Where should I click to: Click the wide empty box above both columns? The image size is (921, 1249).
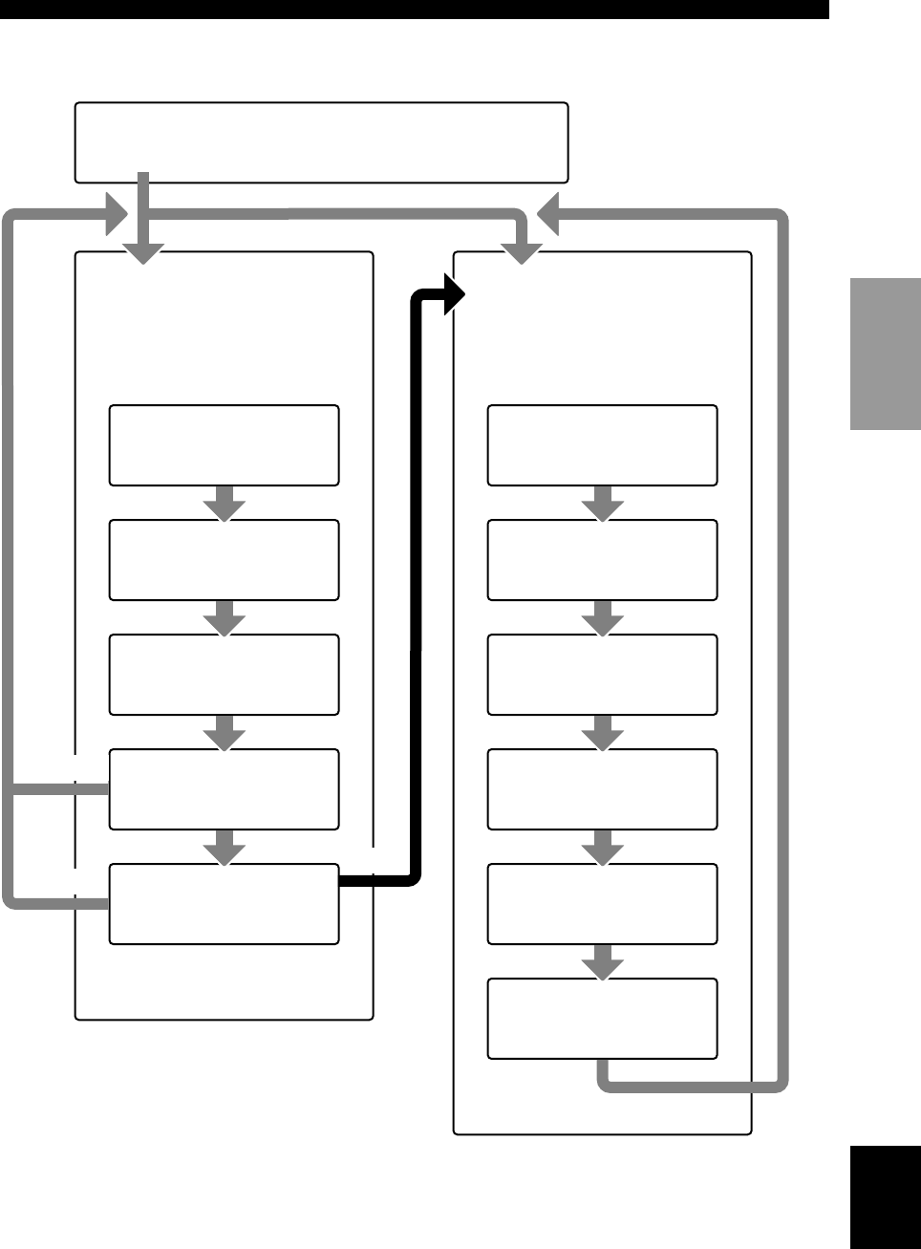pyautogui.click(x=321, y=141)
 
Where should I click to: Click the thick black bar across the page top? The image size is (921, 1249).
pyautogui.click(x=414, y=9)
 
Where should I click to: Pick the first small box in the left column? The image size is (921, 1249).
pyautogui.click(x=224, y=445)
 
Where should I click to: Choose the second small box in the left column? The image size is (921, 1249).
pyautogui.click(x=224, y=560)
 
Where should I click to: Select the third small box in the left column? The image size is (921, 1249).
pyautogui.click(x=224, y=675)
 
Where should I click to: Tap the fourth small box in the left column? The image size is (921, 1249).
pyautogui.click(x=224, y=789)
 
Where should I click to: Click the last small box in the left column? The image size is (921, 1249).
pyautogui.click(x=224, y=904)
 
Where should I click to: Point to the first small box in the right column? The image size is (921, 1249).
pyautogui.click(x=602, y=445)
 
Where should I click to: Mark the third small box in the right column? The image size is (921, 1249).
pyautogui.click(x=602, y=675)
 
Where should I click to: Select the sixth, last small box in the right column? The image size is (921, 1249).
pyautogui.click(x=602, y=1019)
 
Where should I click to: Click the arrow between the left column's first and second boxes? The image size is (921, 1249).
pyautogui.click(x=225, y=504)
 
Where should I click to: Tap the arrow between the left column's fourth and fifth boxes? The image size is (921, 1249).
pyautogui.click(x=225, y=848)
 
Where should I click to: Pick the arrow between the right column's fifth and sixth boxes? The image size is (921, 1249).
pyautogui.click(x=603, y=962)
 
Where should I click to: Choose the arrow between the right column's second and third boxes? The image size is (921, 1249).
pyautogui.click(x=603, y=618)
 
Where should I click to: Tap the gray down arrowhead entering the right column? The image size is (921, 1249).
pyautogui.click(x=523, y=252)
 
